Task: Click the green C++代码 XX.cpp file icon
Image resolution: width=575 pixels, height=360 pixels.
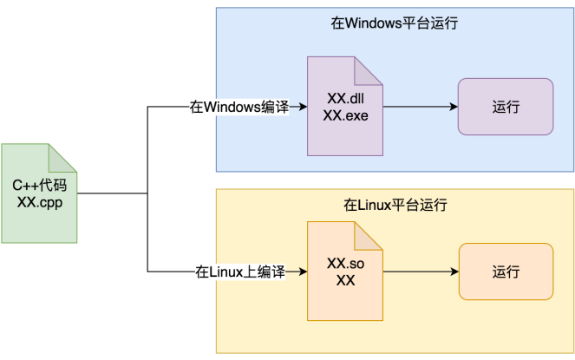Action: pos(39,193)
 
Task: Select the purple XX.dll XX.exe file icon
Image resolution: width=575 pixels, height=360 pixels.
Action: pos(345,106)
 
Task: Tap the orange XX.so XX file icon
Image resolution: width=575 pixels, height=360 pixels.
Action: pos(345,272)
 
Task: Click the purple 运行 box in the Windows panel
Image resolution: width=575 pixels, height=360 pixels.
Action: pos(506,107)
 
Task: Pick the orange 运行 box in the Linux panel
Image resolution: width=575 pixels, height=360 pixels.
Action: pos(506,272)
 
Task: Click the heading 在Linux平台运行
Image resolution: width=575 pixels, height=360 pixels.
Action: pos(395,206)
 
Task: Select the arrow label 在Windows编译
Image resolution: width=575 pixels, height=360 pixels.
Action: pos(239,107)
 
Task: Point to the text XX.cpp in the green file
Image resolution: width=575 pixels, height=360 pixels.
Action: pos(39,202)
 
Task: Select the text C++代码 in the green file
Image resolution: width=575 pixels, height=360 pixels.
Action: pos(39,185)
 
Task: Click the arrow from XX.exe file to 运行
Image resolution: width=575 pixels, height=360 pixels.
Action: pos(420,107)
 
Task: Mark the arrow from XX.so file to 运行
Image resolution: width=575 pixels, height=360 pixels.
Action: pos(420,272)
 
